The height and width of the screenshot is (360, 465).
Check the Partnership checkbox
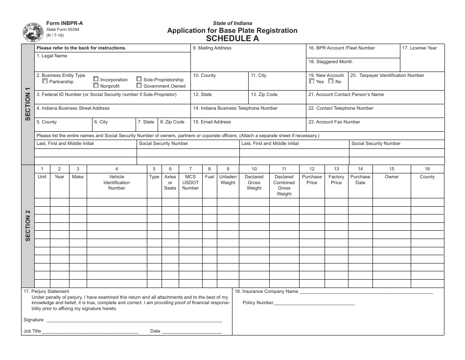tap(45, 81)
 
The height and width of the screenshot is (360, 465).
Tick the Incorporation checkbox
tap(96, 79)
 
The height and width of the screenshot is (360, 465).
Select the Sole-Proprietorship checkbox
tap(139, 79)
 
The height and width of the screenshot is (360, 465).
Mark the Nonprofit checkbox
tap(96, 86)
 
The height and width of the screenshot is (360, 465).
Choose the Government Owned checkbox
tap(139, 86)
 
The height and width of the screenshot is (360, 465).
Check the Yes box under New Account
tap(312, 82)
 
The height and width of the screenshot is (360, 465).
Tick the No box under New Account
tap(331, 82)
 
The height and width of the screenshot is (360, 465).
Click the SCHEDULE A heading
tap(232, 38)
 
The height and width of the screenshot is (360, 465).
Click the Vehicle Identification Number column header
tap(116, 182)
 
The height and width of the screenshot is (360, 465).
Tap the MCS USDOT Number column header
tap(190, 182)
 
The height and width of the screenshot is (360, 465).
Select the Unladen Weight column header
tap(228, 180)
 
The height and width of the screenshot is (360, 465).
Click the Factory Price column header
tap(336, 180)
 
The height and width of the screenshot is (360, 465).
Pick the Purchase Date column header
tap(360, 180)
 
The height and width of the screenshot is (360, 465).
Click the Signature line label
tap(33, 320)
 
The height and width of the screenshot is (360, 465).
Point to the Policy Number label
tap(258, 303)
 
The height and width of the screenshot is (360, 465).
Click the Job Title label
tap(32, 331)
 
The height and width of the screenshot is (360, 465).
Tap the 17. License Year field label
tap(419, 48)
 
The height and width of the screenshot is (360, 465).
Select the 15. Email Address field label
tap(212, 122)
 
